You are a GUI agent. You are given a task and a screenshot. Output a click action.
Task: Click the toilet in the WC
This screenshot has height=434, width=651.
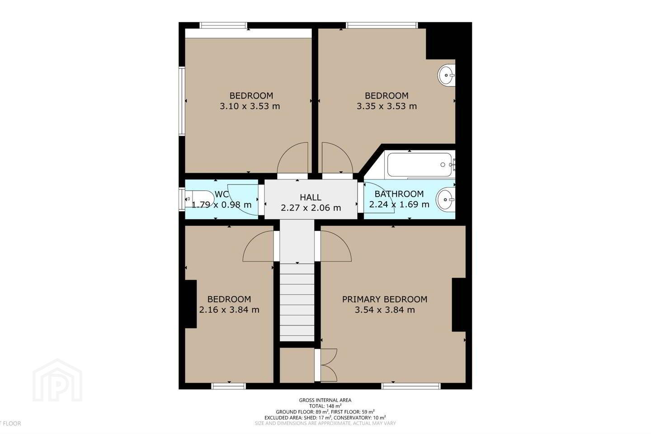[200, 199]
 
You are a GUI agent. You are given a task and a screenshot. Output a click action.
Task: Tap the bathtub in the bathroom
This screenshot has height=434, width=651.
[420, 165]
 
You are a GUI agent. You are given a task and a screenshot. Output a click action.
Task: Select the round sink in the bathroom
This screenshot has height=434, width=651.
[445, 200]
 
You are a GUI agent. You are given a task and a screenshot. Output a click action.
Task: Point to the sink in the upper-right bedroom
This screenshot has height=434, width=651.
[446, 75]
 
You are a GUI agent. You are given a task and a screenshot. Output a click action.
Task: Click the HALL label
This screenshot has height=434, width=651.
[311, 198]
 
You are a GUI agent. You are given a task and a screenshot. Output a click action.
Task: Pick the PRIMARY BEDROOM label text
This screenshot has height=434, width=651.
[384, 299]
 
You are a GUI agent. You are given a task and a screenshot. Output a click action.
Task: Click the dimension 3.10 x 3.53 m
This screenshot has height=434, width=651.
[250, 106]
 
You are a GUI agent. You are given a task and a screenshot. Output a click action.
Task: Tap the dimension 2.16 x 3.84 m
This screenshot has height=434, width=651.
[229, 310]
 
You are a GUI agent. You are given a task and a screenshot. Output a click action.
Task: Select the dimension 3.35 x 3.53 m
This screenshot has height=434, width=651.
[387, 106]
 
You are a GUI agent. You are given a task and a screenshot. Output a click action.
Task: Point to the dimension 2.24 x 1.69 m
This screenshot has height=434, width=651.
[399, 204]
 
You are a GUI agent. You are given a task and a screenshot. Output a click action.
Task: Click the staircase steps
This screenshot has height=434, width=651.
[297, 302]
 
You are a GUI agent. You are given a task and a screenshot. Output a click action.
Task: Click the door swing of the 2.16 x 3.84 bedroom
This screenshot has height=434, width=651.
[258, 246]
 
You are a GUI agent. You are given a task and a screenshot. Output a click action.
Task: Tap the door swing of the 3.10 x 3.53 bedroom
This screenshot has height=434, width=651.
[292, 158]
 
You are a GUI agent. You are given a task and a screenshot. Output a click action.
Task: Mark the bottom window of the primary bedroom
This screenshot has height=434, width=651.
[410, 386]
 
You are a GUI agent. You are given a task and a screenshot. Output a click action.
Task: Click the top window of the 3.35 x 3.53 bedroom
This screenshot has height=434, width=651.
[382, 25]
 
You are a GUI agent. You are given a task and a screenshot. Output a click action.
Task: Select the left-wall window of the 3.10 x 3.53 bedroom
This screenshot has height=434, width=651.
[182, 101]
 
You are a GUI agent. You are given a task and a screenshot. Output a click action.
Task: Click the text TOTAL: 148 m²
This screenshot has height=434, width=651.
[325, 406]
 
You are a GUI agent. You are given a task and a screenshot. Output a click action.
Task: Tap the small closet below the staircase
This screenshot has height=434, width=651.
[297, 365]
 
